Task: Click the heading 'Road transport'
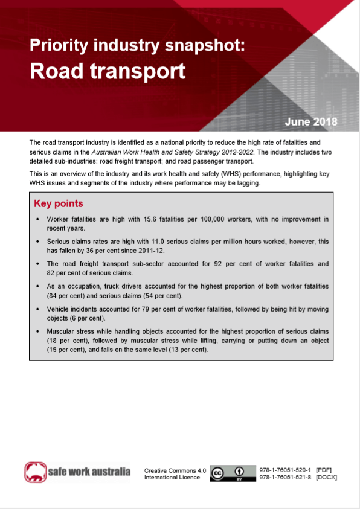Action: [x=108, y=71]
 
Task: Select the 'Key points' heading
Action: [x=59, y=203]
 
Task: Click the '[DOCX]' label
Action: [x=326, y=477]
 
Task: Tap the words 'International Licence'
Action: [x=172, y=477]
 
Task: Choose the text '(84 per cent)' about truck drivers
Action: [x=67, y=296]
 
